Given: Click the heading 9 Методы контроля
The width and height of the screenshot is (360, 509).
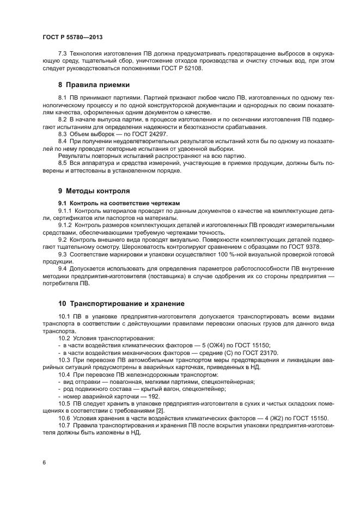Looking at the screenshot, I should coord(94,191).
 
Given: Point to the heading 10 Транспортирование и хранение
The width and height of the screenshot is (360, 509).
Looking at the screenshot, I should coord(121,303).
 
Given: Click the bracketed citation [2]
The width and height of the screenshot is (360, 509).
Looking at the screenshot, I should coord(160,410).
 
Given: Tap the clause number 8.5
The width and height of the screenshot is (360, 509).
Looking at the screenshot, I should coord(63,163).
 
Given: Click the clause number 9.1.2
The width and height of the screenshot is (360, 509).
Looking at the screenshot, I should coord(65,224).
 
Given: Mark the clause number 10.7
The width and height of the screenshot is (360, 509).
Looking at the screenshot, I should coord(64,425).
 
